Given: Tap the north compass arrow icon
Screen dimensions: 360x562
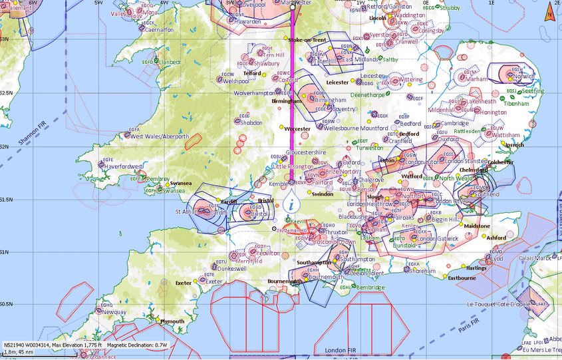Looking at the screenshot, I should (x=549, y=12).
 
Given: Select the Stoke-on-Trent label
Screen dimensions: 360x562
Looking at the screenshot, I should (x=307, y=40).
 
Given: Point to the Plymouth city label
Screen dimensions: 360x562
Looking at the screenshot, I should (x=172, y=321).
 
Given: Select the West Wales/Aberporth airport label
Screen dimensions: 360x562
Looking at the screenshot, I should (x=159, y=136).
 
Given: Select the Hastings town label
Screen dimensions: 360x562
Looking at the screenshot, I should (x=476, y=268).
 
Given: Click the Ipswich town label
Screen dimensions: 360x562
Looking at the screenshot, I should (x=515, y=144).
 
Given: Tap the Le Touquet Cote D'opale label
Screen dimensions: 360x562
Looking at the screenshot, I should (x=497, y=304).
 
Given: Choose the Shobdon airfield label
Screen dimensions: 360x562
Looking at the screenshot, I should (x=249, y=123).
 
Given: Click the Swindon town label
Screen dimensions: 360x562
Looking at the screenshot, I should (x=323, y=194).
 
